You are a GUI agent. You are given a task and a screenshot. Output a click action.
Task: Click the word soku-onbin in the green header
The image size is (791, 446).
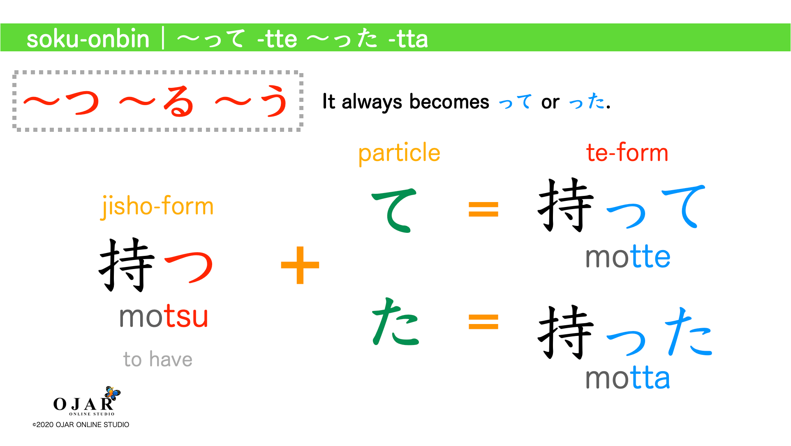click(x=88, y=39)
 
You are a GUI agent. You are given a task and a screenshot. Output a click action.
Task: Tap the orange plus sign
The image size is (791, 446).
click(x=300, y=265)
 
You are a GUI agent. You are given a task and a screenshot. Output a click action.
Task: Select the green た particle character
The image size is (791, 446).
click(x=395, y=322)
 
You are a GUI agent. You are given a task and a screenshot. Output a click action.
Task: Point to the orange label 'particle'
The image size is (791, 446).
click(x=399, y=153)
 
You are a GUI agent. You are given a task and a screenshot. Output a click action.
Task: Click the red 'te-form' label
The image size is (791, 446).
click(x=627, y=153)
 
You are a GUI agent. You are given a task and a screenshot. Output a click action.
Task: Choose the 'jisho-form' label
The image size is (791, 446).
click(x=157, y=206)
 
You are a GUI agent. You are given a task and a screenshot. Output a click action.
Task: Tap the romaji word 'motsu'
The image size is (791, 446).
click(x=164, y=317)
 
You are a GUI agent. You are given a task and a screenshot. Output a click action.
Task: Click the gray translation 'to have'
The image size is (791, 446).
click(x=158, y=359)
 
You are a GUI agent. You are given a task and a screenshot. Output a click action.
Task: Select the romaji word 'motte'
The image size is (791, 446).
click(x=627, y=257)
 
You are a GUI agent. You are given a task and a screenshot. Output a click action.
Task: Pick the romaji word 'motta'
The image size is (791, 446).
click(x=627, y=378)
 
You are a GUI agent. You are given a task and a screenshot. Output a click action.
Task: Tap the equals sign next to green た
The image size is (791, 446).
click(x=483, y=322)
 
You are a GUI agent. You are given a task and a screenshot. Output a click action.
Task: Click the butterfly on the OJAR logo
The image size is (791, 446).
click(x=112, y=393)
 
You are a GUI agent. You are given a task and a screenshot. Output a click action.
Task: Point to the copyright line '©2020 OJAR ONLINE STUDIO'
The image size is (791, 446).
click(x=81, y=425)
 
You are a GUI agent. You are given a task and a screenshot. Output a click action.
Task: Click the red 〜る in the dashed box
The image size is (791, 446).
click(x=156, y=101)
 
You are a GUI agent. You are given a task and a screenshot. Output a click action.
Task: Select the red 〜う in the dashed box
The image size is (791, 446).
click(x=252, y=101)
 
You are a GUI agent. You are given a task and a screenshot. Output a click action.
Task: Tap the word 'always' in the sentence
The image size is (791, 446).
click(x=372, y=102)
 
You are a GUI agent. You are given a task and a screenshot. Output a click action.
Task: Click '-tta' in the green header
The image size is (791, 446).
click(x=408, y=39)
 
